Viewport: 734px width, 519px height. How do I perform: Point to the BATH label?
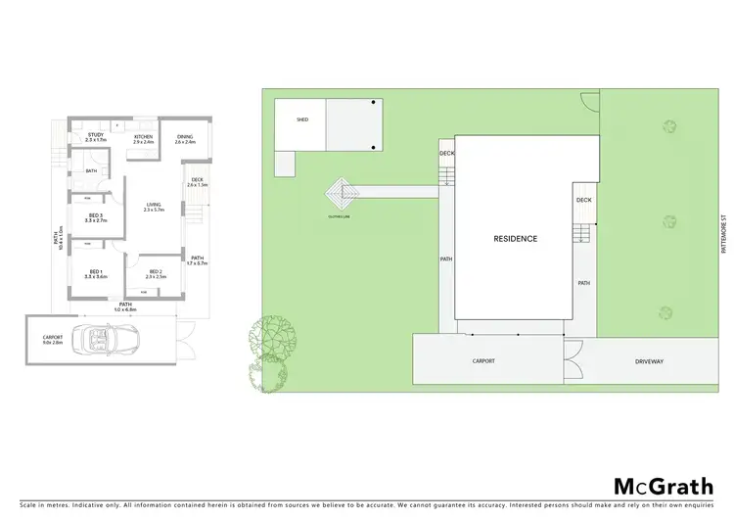click(x=91, y=171)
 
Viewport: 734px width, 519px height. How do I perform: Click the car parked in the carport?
click(x=115, y=341)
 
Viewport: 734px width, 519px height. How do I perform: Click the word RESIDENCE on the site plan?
click(x=514, y=239)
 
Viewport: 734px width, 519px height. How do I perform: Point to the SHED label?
click(x=302, y=120)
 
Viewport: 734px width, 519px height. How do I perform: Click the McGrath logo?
click(x=661, y=486)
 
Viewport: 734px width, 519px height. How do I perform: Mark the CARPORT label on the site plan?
click(x=483, y=361)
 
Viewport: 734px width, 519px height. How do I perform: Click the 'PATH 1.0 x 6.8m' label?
click(x=125, y=307)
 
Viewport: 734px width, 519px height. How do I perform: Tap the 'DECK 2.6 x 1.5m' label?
click(x=197, y=181)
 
